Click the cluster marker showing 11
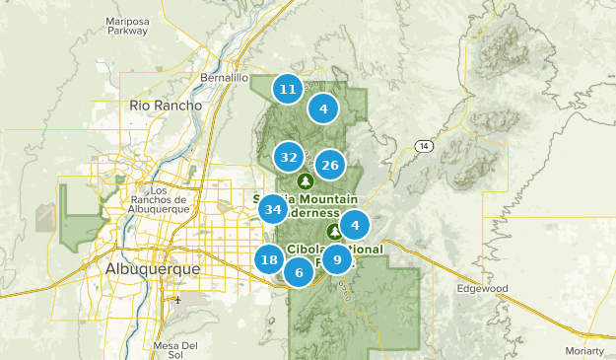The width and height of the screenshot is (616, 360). point(287,89)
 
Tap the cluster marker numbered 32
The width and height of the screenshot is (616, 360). point(289,157)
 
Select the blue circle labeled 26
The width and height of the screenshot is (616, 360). point(330,165)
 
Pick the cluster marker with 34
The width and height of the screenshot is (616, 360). point(273,209)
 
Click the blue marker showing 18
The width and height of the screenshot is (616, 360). point(269,259)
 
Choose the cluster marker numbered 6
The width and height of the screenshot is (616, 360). point(299,273)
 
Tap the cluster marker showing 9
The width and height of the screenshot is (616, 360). point(337,260)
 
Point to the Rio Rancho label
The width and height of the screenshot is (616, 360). point(166,105)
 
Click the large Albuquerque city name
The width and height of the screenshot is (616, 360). point(153,268)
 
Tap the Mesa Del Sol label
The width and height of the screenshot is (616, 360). point(176,349)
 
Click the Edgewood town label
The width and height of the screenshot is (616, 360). point(482,289)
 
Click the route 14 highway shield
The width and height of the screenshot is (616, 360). point(424,146)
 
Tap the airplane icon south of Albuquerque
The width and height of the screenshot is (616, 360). point(177,300)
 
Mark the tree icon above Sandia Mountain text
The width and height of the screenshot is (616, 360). point(305,182)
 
